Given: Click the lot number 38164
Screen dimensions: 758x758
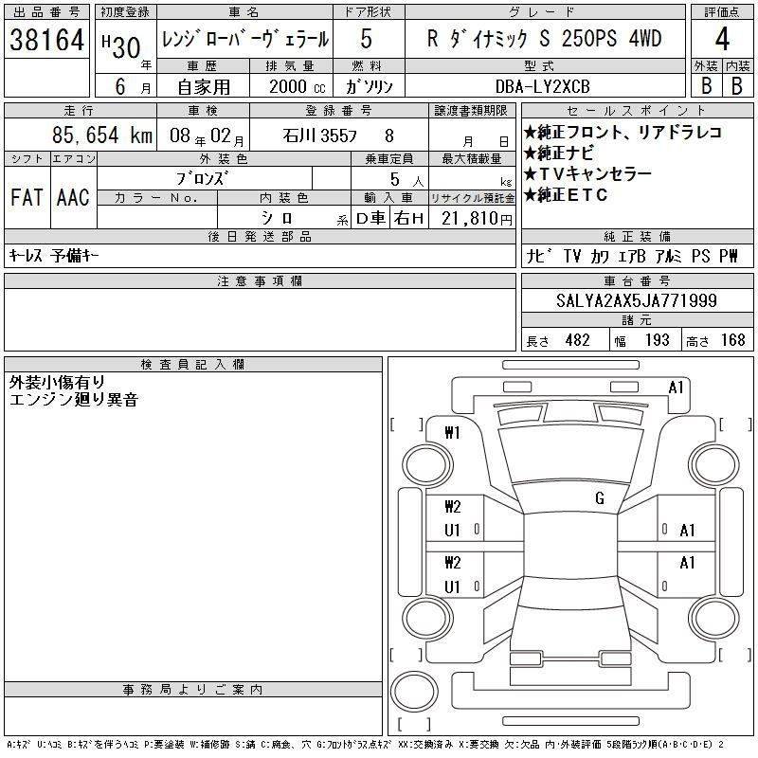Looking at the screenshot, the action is pos(46,40).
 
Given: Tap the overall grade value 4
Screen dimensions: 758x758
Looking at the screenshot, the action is pos(722,39).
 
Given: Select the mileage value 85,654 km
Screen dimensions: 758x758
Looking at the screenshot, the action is pos(102,135).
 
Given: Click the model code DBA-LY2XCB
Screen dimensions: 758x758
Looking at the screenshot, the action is pos(542,86).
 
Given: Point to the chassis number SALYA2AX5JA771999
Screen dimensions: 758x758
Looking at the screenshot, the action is pos(636,300).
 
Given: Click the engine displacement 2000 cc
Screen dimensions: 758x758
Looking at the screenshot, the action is pos(297,87).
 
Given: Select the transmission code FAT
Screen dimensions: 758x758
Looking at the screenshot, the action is pos(27,198).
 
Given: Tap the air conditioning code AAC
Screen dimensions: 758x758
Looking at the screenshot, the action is pos(73,198).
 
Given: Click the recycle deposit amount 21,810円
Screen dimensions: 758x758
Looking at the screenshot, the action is pos(477,219).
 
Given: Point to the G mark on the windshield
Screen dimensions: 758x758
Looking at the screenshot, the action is pos(600,498).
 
